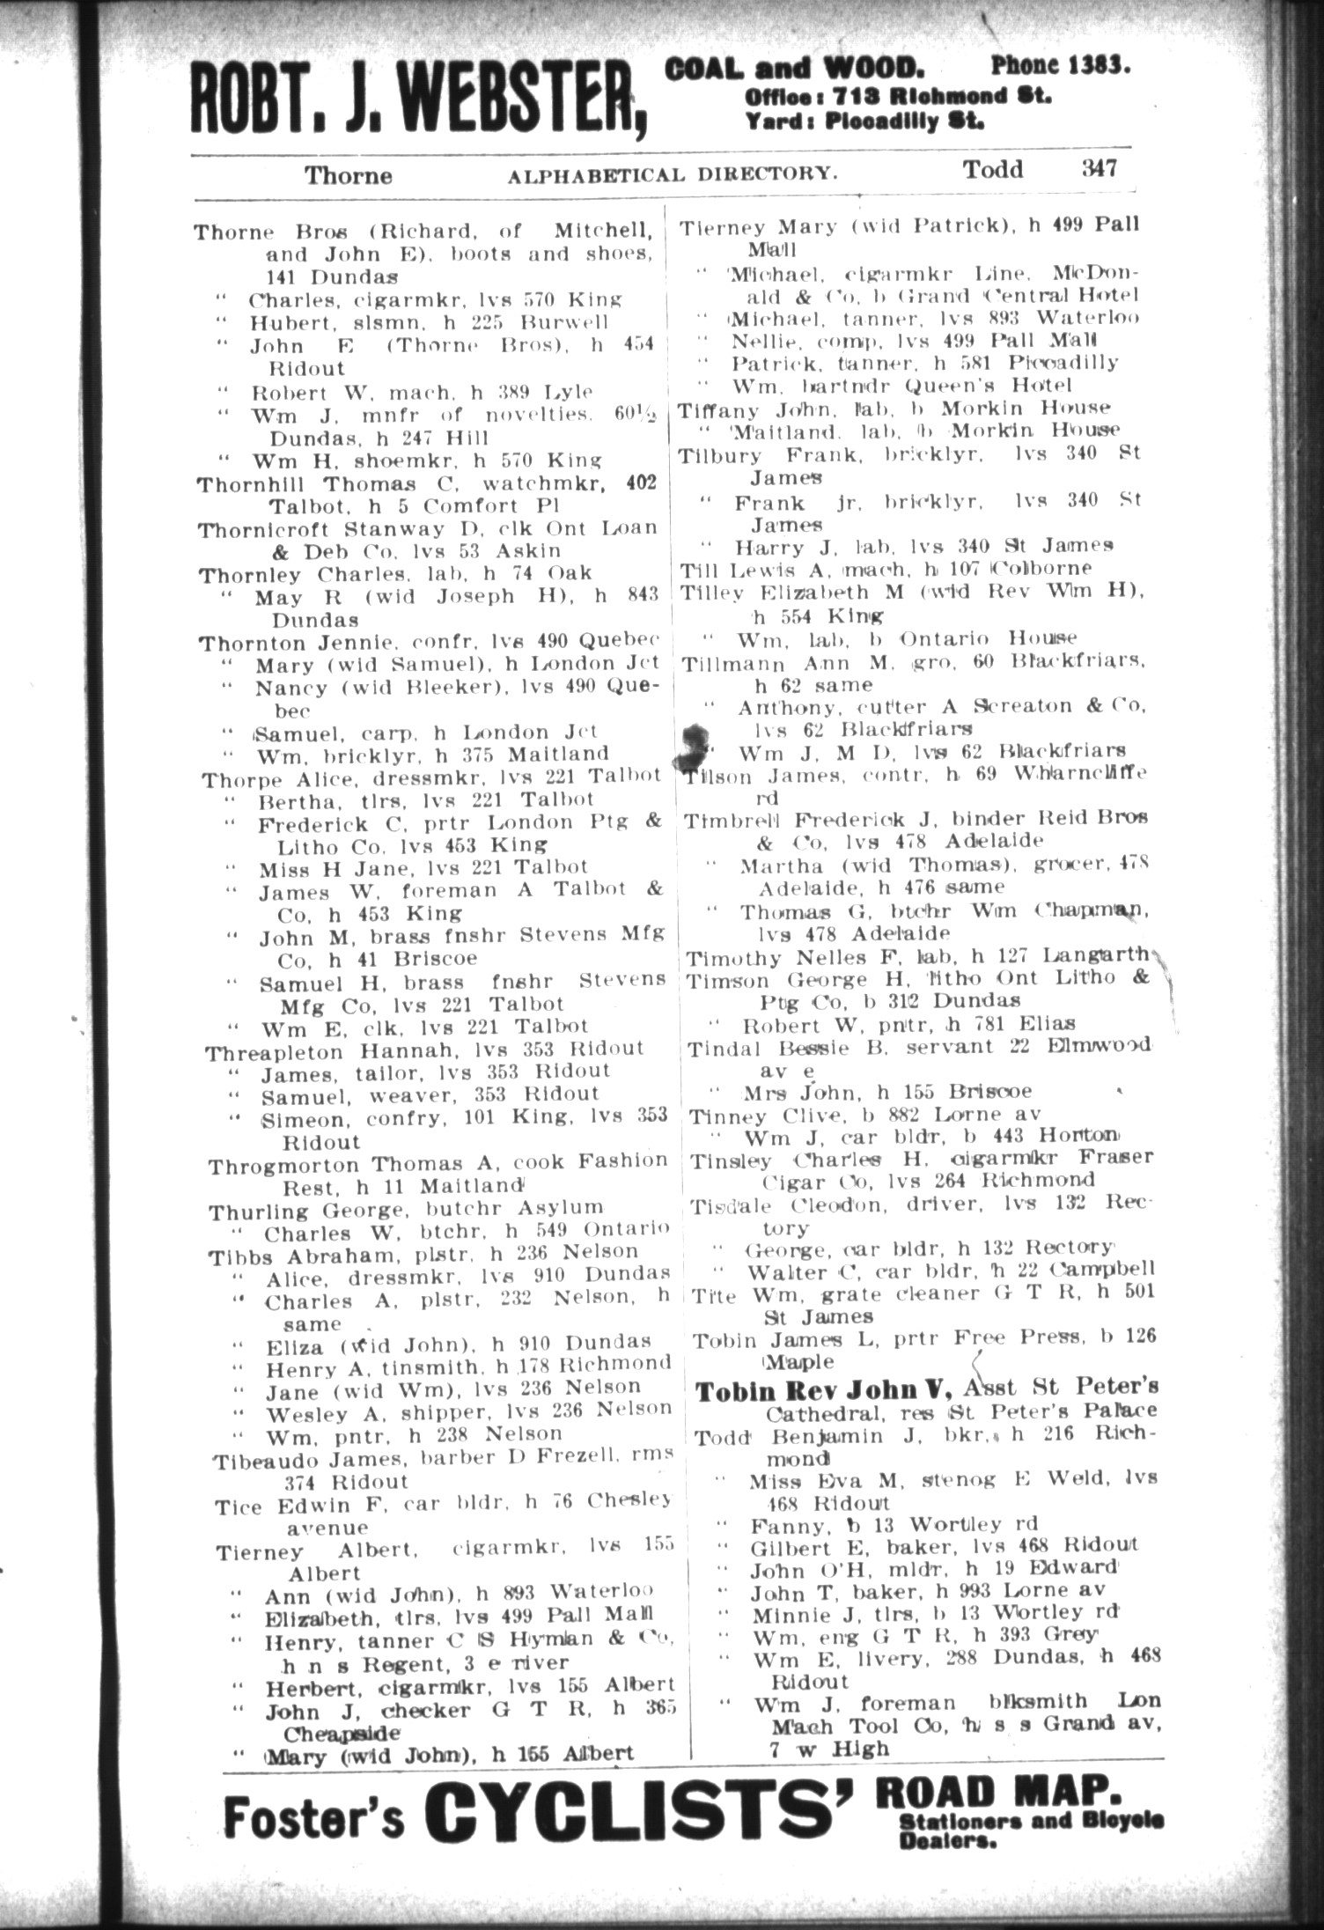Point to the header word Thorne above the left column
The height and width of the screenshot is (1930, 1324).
[348, 175]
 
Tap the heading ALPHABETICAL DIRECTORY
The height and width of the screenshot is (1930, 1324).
[672, 174]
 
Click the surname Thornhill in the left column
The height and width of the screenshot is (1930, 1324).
[254, 485]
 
